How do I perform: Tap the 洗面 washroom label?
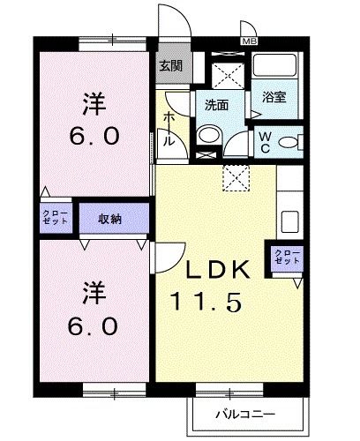click(216, 104)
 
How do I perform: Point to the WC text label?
click(265, 141)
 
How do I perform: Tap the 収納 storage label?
click(110, 219)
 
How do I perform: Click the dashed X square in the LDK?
click(234, 177)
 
